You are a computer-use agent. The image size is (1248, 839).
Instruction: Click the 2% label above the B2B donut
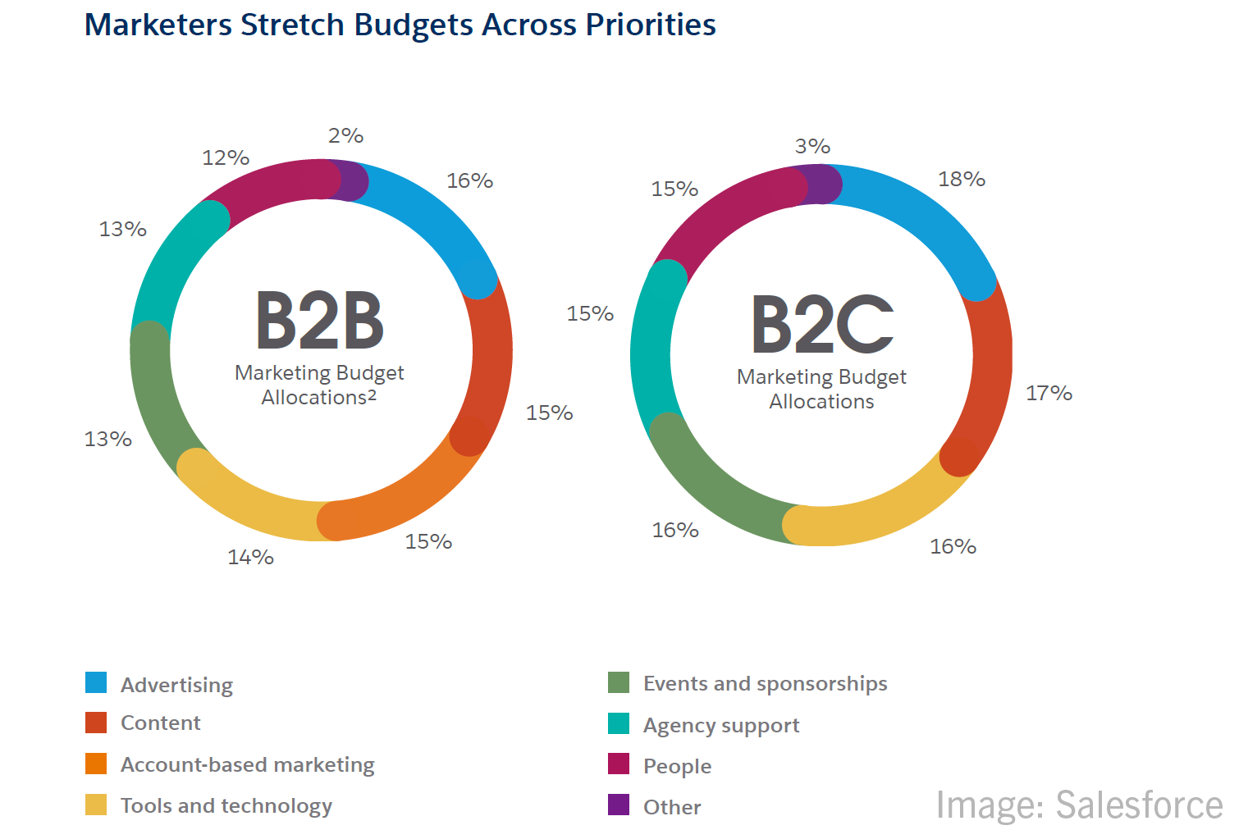click(345, 135)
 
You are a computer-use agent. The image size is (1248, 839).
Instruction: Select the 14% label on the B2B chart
click(250, 557)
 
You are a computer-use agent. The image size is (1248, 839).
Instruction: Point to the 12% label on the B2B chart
click(226, 157)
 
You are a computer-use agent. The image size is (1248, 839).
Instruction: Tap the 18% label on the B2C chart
click(961, 179)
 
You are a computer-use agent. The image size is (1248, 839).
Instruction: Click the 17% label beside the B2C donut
click(1049, 393)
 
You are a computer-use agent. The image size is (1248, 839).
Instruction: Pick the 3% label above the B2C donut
click(812, 146)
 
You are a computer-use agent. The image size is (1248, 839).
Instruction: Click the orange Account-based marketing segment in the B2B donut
click(410, 501)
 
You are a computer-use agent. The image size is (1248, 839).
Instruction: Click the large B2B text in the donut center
click(319, 321)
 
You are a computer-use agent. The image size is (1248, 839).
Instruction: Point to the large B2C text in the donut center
click(821, 325)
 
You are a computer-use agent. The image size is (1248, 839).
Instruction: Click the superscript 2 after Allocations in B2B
click(372, 394)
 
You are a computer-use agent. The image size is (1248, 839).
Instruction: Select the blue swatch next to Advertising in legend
click(96, 682)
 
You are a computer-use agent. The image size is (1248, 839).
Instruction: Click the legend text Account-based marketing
click(247, 764)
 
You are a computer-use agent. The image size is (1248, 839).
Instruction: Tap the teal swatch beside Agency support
click(619, 723)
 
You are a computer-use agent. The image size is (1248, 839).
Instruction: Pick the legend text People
click(677, 766)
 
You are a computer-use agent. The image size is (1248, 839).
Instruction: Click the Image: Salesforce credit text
click(1078, 805)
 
